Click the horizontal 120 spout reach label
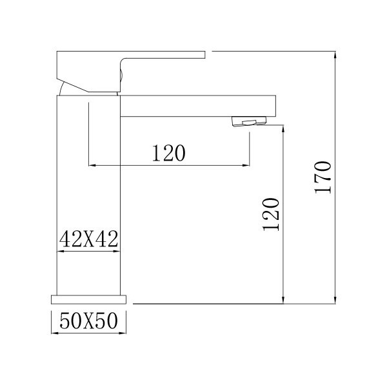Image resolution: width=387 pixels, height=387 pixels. tap(169, 153)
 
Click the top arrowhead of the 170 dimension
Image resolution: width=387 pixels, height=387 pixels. tap(335, 54)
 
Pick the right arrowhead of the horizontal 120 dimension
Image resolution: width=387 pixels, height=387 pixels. tap(246, 166)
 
